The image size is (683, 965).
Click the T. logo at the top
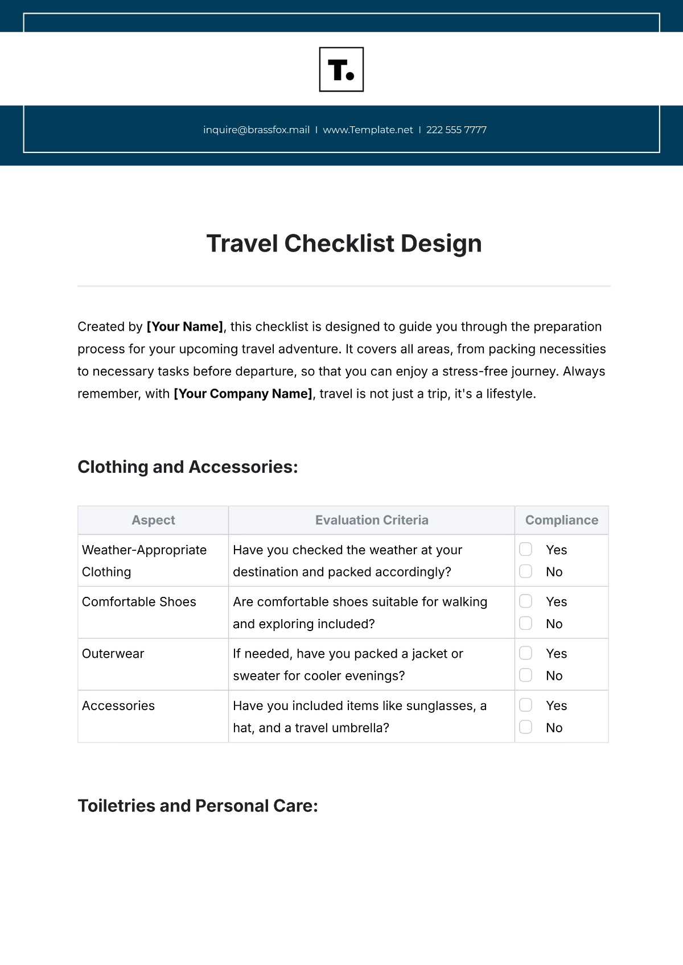[341, 69]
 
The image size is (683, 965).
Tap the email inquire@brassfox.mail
[256, 130]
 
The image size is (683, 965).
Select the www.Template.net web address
[368, 130]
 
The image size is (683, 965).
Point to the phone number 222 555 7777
[456, 130]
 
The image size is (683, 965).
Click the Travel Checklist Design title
[344, 244]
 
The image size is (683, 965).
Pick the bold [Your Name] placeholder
[185, 327]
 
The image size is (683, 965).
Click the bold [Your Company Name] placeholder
[243, 394]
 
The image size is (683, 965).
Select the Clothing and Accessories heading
[188, 467]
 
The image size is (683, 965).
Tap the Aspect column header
[153, 520]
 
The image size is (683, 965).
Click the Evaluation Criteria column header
[372, 520]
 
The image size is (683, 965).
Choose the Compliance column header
[562, 520]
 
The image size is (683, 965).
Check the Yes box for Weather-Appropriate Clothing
[526, 549]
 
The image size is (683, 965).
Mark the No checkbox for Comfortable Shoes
[526, 624]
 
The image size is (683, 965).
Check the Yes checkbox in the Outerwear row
[526, 653]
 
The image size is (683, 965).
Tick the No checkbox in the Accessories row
[526, 727]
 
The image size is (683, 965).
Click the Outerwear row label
[113, 654]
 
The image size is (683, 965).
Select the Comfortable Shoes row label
[139, 602]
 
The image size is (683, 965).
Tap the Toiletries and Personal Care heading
[198, 806]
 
